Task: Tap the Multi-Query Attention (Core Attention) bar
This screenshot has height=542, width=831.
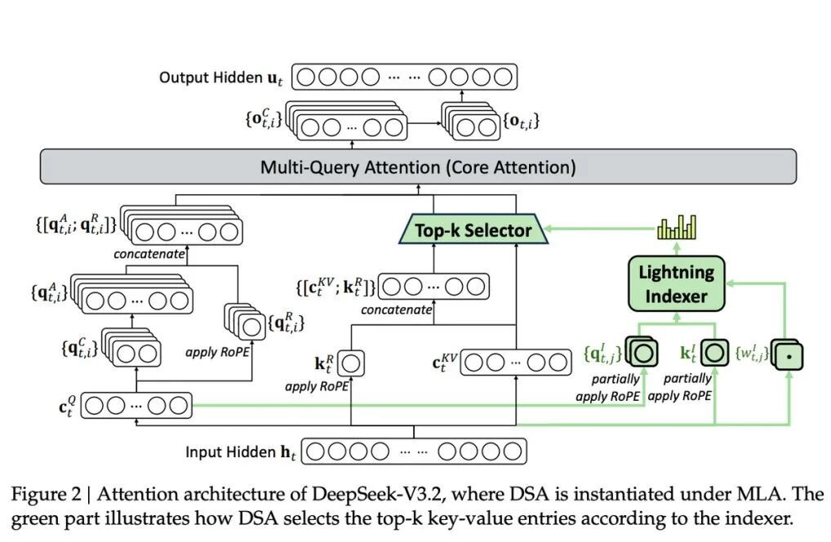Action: pyautogui.click(x=418, y=167)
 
